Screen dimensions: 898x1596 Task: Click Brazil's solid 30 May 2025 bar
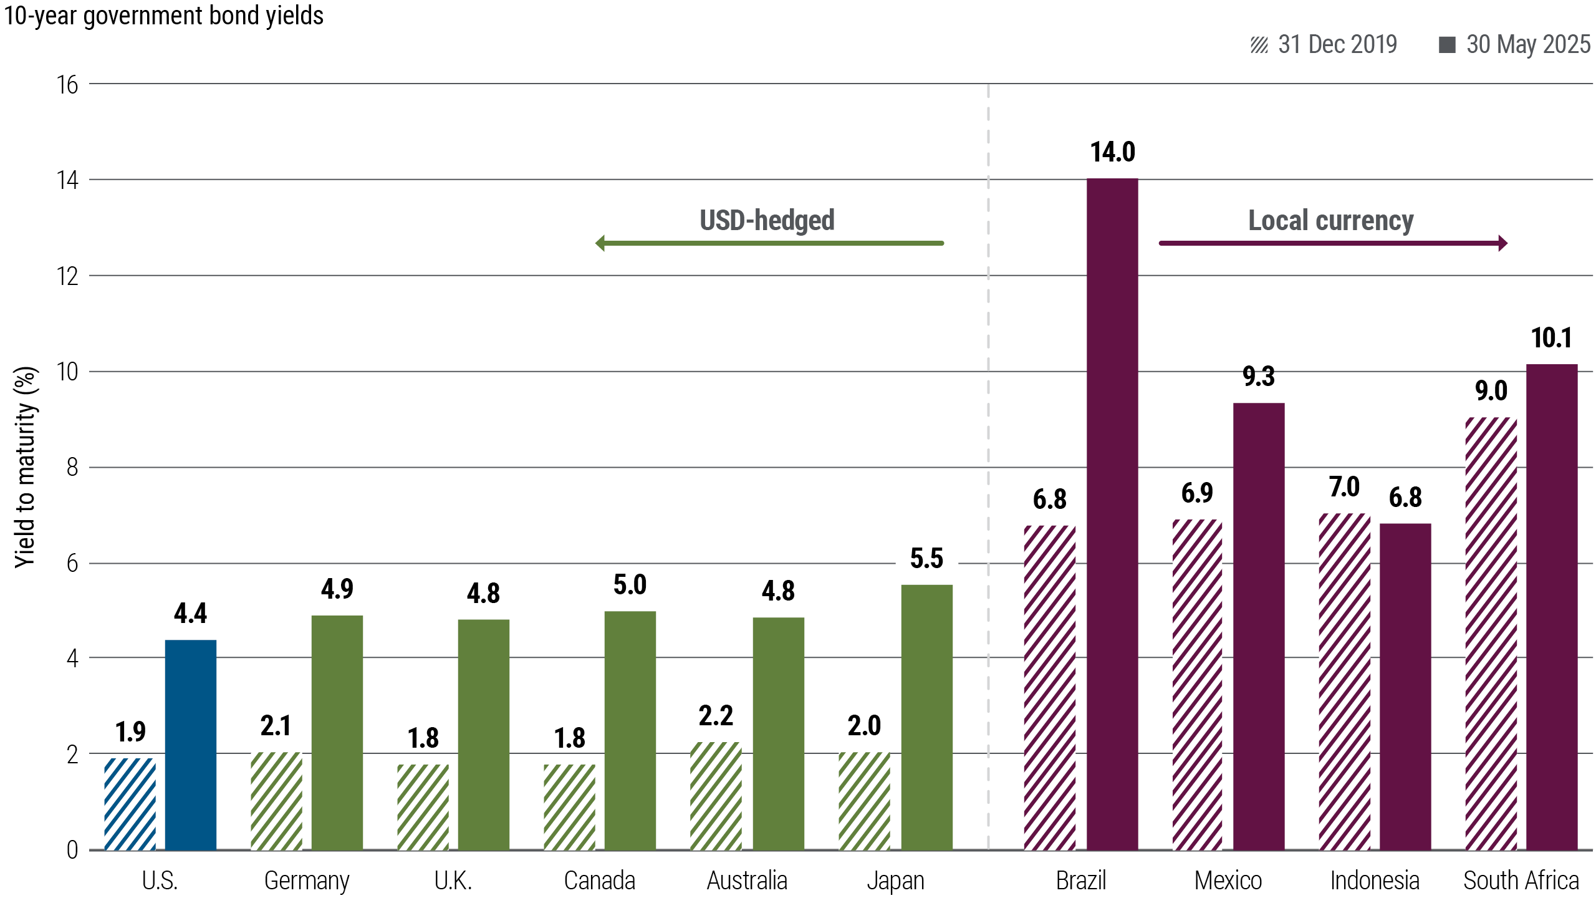point(1112,514)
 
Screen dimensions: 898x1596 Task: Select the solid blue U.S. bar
point(191,745)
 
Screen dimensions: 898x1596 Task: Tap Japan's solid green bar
point(927,717)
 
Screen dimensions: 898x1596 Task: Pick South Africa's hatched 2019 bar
point(1491,634)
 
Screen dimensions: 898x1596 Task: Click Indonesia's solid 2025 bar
point(1405,687)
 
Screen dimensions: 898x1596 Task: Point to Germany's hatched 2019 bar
point(276,801)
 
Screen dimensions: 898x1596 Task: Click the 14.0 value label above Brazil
point(1112,152)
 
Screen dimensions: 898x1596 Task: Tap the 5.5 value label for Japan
point(926,559)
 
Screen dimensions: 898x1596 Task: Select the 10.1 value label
point(1551,338)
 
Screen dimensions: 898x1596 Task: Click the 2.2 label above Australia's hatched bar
point(716,716)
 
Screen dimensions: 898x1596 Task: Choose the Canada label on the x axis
point(599,881)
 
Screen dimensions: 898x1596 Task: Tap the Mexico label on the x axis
point(1228,881)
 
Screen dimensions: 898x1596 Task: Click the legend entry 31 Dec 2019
point(1324,45)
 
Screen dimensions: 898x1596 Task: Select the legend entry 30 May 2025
point(1515,45)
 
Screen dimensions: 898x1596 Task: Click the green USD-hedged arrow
point(769,243)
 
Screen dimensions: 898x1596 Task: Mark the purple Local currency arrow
point(1333,243)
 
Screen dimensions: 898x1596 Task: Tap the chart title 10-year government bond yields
point(164,16)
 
